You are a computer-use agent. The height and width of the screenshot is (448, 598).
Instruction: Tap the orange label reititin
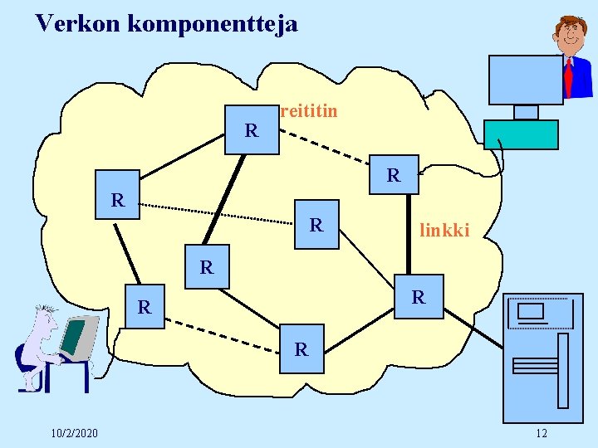click(x=310, y=110)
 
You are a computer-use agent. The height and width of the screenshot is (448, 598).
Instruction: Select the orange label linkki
click(x=444, y=230)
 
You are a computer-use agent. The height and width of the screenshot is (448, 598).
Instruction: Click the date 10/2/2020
click(x=74, y=433)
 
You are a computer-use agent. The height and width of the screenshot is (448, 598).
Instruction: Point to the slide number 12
click(x=542, y=433)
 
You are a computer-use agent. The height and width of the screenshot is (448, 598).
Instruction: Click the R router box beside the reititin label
click(x=252, y=130)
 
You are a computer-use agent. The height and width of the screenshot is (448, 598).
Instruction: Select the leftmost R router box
click(x=117, y=199)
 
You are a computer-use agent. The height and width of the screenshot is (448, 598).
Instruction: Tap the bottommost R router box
click(x=301, y=350)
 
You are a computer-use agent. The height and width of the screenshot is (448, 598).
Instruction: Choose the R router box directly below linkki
click(x=419, y=296)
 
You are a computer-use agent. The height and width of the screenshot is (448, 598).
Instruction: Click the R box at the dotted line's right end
click(x=316, y=224)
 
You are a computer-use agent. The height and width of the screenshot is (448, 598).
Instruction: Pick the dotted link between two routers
click(x=216, y=212)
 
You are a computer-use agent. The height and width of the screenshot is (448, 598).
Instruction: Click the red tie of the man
click(x=568, y=76)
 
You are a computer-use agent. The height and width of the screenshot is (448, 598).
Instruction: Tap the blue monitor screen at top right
click(x=525, y=79)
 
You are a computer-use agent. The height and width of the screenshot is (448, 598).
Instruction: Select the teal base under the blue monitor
click(x=521, y=134)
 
